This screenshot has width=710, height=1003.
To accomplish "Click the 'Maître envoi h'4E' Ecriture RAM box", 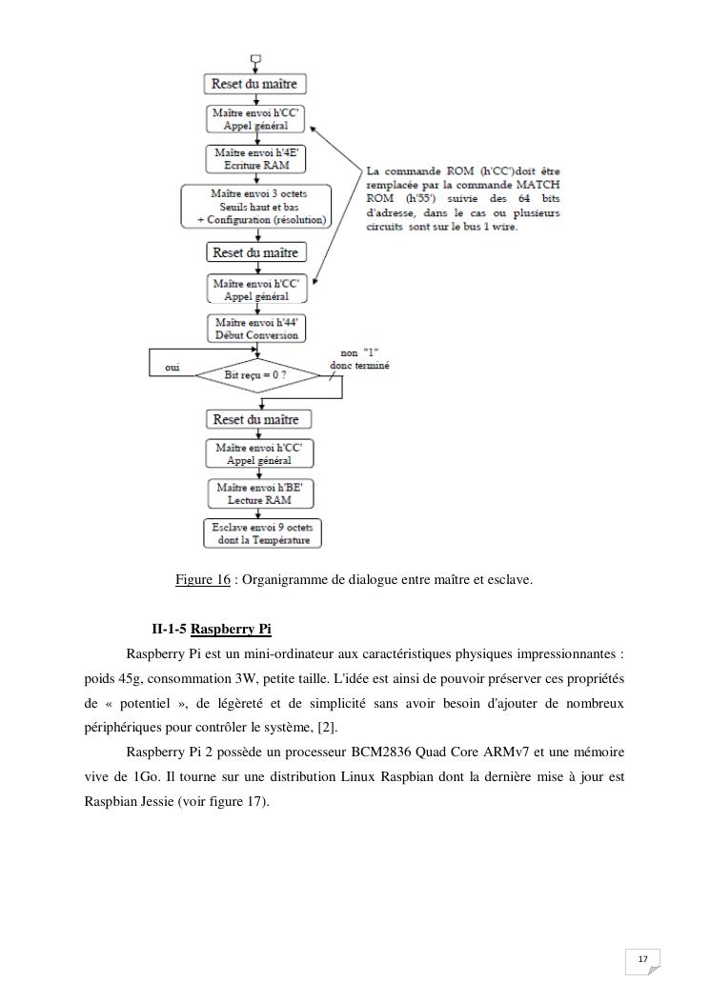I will click(256, 159).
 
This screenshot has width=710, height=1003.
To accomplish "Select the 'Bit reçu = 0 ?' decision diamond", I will click(256, 375).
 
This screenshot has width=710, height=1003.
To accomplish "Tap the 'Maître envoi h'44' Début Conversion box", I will click(256, 329).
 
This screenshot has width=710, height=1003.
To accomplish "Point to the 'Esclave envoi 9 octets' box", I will click(262, 533).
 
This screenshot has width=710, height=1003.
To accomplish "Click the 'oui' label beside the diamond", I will click(172, 367).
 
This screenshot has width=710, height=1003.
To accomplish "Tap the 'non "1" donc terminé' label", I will click(358, 359).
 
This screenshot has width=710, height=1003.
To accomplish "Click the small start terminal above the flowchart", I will click(255, 58).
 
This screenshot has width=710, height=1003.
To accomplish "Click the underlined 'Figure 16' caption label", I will click(202, 579).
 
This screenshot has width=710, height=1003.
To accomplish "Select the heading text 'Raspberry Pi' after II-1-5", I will click(231, 630).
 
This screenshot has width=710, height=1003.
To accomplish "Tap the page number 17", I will click(642, 958).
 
